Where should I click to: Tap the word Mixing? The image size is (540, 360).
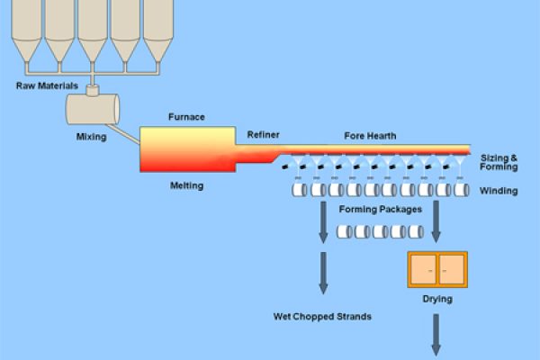92,139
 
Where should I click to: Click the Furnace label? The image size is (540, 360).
186,117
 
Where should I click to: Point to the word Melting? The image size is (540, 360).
186,186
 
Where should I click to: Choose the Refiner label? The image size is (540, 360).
264,135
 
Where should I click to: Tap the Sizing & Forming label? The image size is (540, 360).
499,162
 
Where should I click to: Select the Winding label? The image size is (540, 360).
498,191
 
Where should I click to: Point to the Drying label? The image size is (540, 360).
437,299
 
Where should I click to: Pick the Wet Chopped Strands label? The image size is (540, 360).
322,317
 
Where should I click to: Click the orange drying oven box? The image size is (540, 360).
437,269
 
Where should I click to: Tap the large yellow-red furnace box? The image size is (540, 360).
186,149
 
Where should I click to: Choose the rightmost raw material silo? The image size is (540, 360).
157,31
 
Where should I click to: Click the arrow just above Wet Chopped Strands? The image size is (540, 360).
322,274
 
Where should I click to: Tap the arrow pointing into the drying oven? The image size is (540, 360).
437,225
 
